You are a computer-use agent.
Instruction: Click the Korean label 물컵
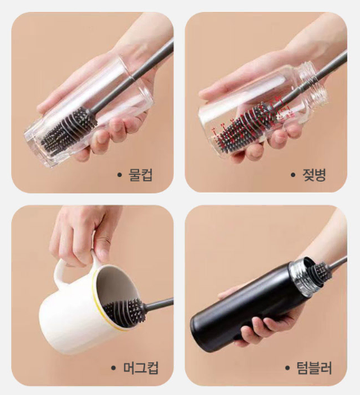141,175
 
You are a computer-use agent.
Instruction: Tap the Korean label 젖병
314,175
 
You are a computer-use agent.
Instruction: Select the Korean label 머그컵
141,368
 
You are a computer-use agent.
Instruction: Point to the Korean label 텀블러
315,367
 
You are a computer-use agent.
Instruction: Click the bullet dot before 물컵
120,175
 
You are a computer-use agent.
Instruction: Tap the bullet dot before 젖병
293,175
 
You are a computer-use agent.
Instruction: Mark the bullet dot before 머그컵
113,368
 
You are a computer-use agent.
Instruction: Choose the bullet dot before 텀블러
287,368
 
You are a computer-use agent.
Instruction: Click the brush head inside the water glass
69,130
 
